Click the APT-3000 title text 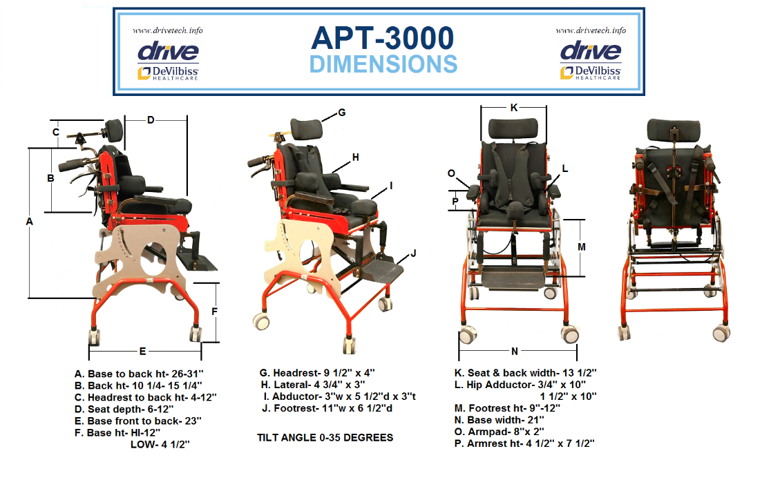pyautogui.click(x=383, y=38)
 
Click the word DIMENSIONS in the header pyautogui.click(x=383, y=64)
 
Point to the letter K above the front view pyautogui.click(x=514, y=108)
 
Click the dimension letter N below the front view pyautogui.click(x=514, y=352)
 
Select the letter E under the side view pyautogui.click(x=142, y=352)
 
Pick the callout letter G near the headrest pyautogui.click(x=342, y=113)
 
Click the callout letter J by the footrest pyautogui.click(x=413, y=253)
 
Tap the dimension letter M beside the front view pyautogui.click(x=582, y=247)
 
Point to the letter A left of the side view pyautogui.click(x=30, y=222)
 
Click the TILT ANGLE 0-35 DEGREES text pyautogui.click(x=325, y=438)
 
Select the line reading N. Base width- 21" pyautogui.click(x=500, y=420)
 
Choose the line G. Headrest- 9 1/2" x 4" pyautogui.click(x=317, y=373)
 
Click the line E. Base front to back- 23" pyautogui.click(x=138, y=421)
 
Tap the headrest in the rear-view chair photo pyautogui.click(x=674, y=130)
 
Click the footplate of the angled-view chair pyautogui.click(x=383, y=272)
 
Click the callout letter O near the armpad pyautogui.click(x=451, y=173)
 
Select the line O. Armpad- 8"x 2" pyautogui.click(x=500, y=431)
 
